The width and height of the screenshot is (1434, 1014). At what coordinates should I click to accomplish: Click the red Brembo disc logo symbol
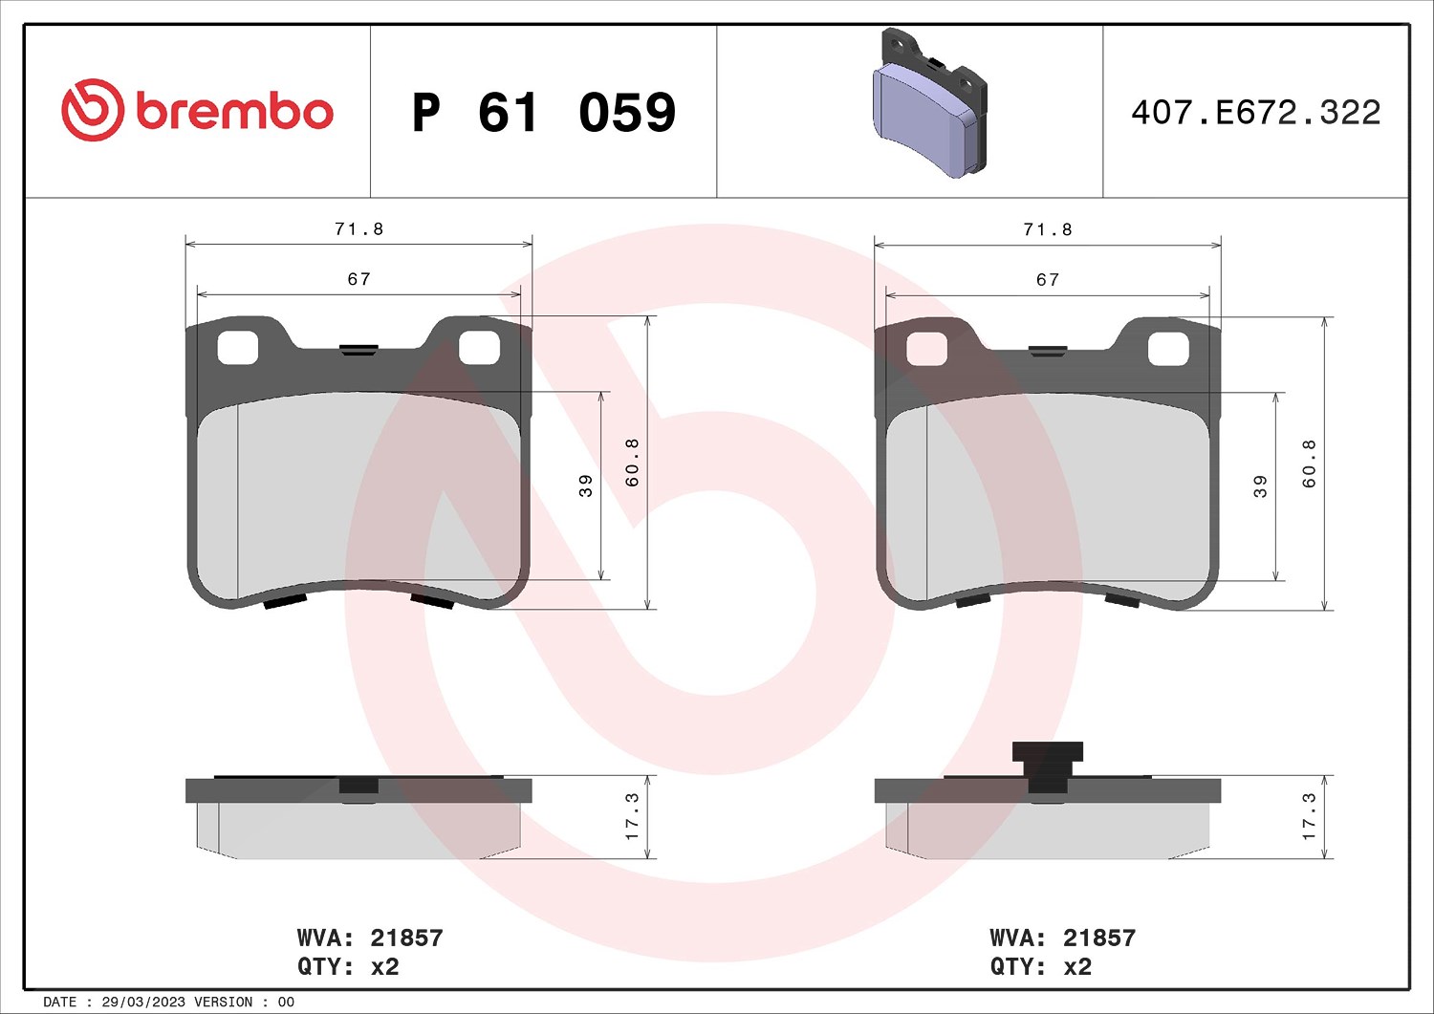tap(92, 110)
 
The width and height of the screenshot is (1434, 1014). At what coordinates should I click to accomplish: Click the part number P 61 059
tap(544, 113)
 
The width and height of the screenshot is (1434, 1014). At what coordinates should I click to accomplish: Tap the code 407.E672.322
tap(1256, 113)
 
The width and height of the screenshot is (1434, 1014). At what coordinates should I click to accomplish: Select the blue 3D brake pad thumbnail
tap(929, 104)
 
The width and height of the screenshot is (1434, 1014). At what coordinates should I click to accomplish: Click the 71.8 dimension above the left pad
tap(359, 229)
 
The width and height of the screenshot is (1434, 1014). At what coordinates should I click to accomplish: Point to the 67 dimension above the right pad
tap(1048, 280)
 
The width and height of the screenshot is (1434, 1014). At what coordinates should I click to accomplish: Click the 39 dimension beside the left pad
tap(586, 485)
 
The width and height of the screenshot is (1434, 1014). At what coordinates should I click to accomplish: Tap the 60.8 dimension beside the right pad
tap(1309, 464)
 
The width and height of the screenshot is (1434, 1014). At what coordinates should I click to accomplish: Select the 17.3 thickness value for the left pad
tap(632, 817)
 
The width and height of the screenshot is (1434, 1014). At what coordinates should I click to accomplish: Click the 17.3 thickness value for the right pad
tap(1309, 817)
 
